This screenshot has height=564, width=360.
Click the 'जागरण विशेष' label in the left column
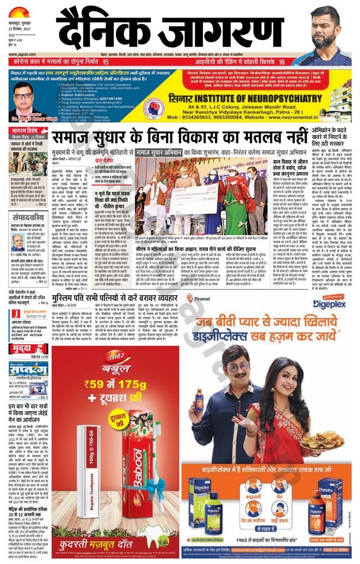[x=26, y=132]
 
